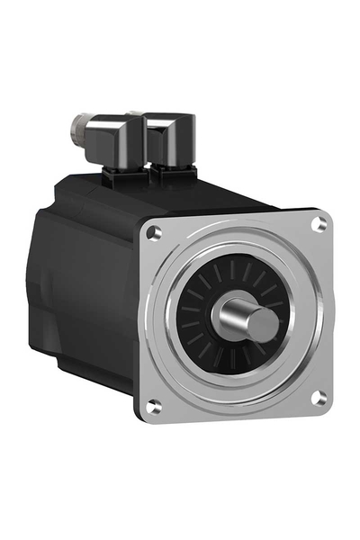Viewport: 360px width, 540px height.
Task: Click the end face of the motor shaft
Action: pos(262,325)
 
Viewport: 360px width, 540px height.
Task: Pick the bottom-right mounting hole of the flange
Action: pos(318,397)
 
